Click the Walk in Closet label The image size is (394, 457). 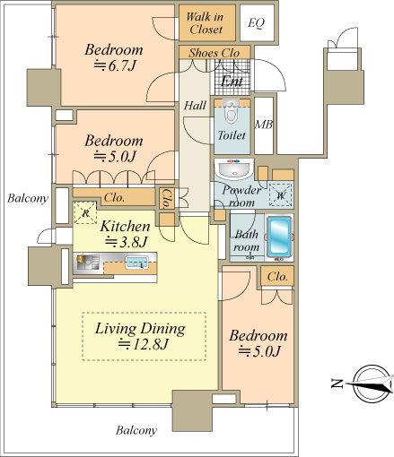point(206,23)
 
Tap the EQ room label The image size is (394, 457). point(257,23)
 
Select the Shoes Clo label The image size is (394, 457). point(214,53)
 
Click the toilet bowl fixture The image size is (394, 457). point(231,111)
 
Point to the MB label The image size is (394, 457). point(264,125)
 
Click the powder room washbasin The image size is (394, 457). point(234,168)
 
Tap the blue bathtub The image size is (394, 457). point(279,237)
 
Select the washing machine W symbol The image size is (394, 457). point(280,195)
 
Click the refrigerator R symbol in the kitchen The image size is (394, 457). point(85,213)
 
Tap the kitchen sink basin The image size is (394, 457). point(136,262)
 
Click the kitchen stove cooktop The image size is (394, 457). point(87,262)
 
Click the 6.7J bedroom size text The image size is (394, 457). point(115,65)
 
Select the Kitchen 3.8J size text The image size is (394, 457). point(126,242)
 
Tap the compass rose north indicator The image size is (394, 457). point(372,383)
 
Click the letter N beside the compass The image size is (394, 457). point(337,383)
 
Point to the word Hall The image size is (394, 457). point(195,106)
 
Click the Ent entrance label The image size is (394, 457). point(232,81)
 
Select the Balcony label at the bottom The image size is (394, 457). point(136,430)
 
